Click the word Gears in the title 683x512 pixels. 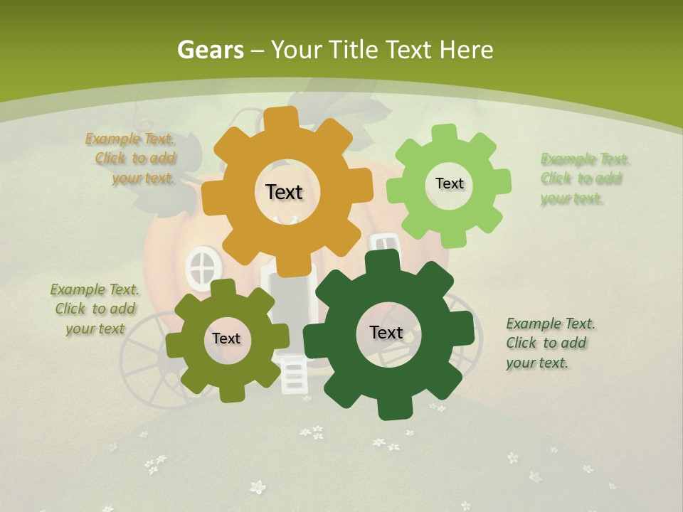click(x=210, y=50)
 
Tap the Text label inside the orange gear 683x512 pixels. click(x=284, y=192)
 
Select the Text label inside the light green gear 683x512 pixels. click(x=449, y=183)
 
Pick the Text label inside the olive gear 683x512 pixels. click(x=226, y=338)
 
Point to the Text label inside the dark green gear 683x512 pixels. click(x=386, y=332)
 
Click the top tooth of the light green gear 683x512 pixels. click(x=445, y=132)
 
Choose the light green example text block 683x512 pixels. click(x=583, y=178)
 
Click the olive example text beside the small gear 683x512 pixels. click(x=95, y=309)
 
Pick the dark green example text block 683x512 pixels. click(x=549, y=343)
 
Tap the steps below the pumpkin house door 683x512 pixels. click(x=292, y=375)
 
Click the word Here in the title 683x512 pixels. click(x=465, y=50)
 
